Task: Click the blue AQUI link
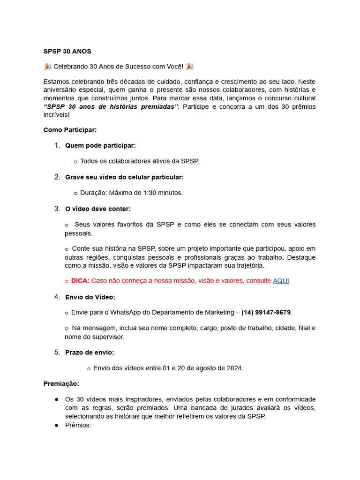pyautogui.click(x=281, y=280)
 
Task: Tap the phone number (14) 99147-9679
pyautogui.click(x=266, y=312)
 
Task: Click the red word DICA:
pyautogui.click(x=80, y=280)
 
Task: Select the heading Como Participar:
pyautogui.click(x=70, y=129)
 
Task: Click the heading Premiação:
pyautogui.click(x=61, y=383)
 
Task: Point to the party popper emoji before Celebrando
pyautogui.click(x=47, y=67)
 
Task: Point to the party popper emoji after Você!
pyautogui.click(x=189, y=67)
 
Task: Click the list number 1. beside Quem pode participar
pyautogui.click(x=57, y=145)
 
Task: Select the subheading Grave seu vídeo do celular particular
pyautogui.click(x=124, y=177)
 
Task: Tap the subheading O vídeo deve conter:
pyautogui.click(x=98, y=209)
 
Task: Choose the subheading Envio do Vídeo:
pyautogui.click(x=90, y=297)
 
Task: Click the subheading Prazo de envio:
pyautogui.click(x=90, y=352)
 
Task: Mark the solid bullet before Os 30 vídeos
pyautogui.click(x=56, y=399)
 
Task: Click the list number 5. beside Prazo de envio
pyautogui.click(x=57, y=352)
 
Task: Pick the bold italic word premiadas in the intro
pyautogui.click(x=157, y=106)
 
